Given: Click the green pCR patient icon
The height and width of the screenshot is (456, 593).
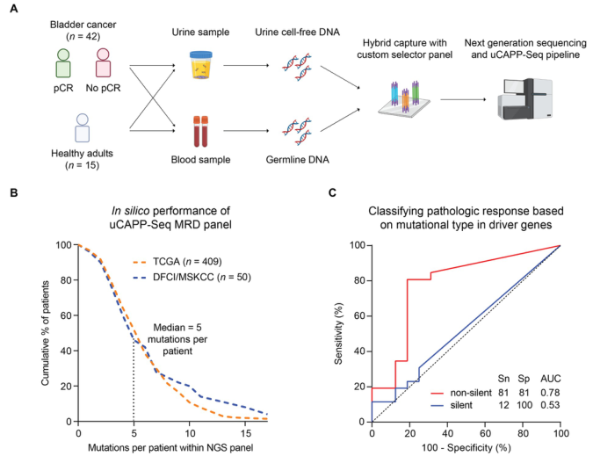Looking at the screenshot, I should click(61, 68).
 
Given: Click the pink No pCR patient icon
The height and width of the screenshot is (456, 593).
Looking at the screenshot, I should click(105, 68).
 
